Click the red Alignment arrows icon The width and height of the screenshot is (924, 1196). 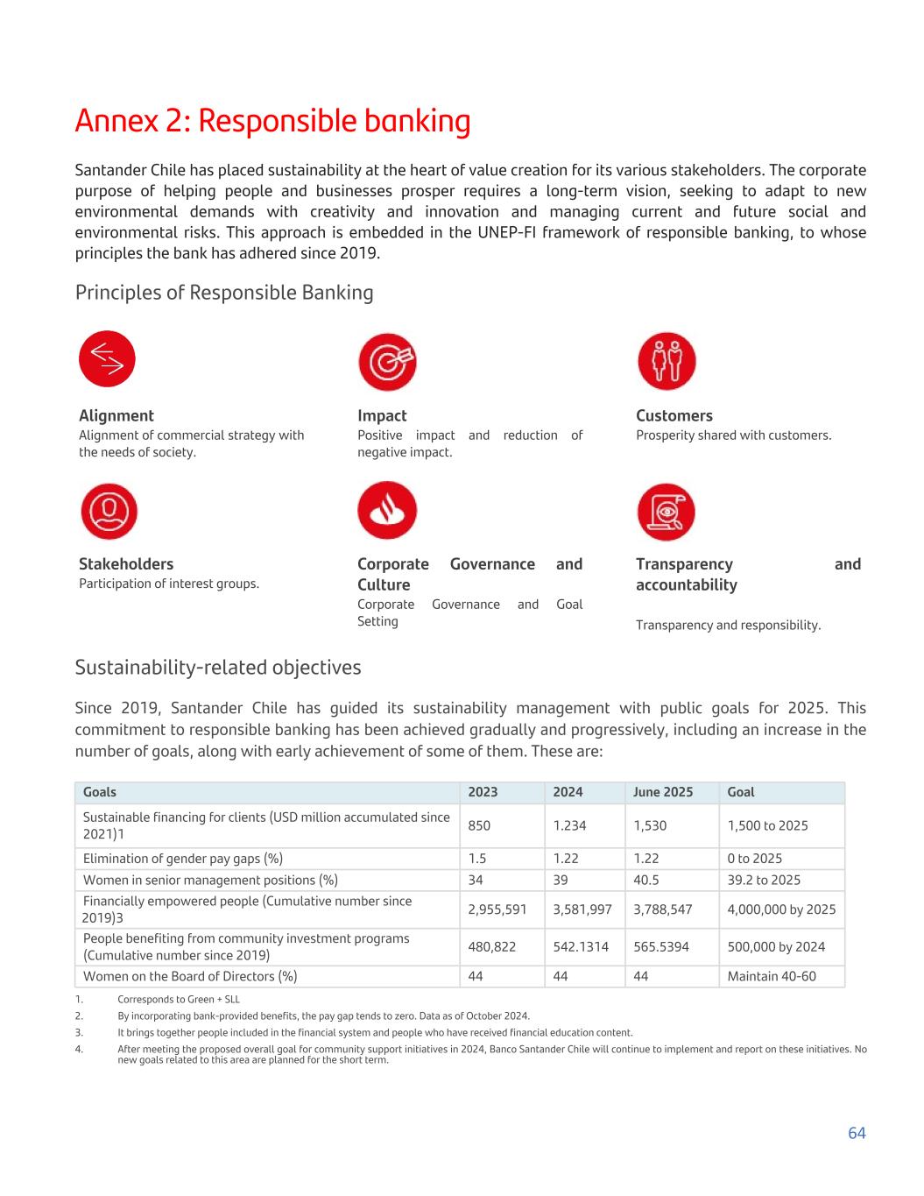click(x=107, y=358)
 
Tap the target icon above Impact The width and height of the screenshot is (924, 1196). click(x=387, y=361)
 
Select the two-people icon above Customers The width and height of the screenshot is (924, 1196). click(x=667, y=360)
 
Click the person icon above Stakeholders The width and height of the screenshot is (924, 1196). click(x=109, y=511)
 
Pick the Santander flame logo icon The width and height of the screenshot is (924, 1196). click(x=387, y=510)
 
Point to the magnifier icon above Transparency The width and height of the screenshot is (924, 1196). click(x=667, y=512)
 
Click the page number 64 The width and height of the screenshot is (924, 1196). click(x=857, y=1133)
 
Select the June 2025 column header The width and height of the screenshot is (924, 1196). click(x=663, y=792)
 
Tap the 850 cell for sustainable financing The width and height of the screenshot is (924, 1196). click(x=479, y=825)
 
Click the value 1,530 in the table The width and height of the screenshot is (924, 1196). click(x=650, y=825)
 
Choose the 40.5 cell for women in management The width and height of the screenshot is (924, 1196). click(x=646, y=880)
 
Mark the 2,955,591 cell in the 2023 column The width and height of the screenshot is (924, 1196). click(x=497, y=909)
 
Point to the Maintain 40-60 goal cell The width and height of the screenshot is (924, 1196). click(x=772, y=976)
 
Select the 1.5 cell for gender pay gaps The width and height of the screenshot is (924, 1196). click(x=477, y=859)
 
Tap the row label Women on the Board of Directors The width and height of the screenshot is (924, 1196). click(x=190, y=976)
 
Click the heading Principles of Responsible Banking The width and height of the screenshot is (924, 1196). click(x=224, y=292)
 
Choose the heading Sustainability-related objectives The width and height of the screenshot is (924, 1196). click(x=218, y=667)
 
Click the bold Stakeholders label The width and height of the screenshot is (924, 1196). click(x=126, y=563)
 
